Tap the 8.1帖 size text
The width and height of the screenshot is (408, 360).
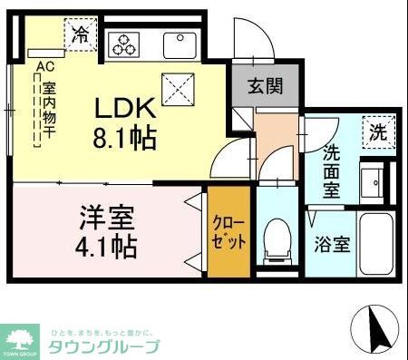coord(126,138)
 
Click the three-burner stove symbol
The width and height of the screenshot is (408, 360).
coord(124,44)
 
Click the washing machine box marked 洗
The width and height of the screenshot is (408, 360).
coord(376,131)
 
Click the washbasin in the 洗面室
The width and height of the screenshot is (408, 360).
coord(374,181)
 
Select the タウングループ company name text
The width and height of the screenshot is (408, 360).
coord(103,347)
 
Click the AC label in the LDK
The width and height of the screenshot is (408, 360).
coord(42,65)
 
